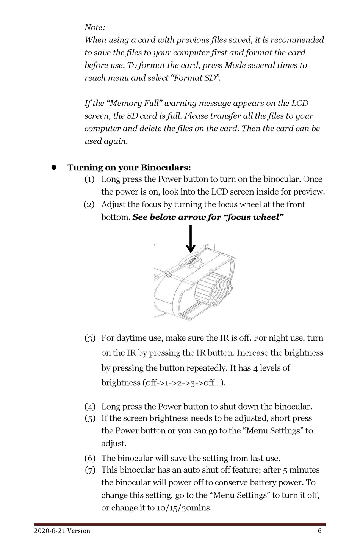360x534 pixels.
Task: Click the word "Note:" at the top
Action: click(x=95, y=27)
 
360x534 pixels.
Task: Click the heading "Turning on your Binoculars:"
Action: click(x=129, y=168)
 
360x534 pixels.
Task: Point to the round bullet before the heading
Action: click(x=54, y=167)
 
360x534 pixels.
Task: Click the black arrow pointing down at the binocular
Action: click(x=190, y=239)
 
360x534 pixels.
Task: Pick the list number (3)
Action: click(x=89, y=338)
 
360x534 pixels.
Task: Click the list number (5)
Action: click(x=89, y=418)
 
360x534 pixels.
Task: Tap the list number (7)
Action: click(x=89, y=470)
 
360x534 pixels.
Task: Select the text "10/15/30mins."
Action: click(x=184, y=508)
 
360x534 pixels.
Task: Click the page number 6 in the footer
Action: click(x=319, y=531)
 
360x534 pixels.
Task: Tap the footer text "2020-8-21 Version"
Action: click(x=62, y=531)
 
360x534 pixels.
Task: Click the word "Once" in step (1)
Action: click(x=313, y=179)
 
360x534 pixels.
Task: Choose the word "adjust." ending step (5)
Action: click(x=114, y=443)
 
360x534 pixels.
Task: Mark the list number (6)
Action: click(x=89, y=459)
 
